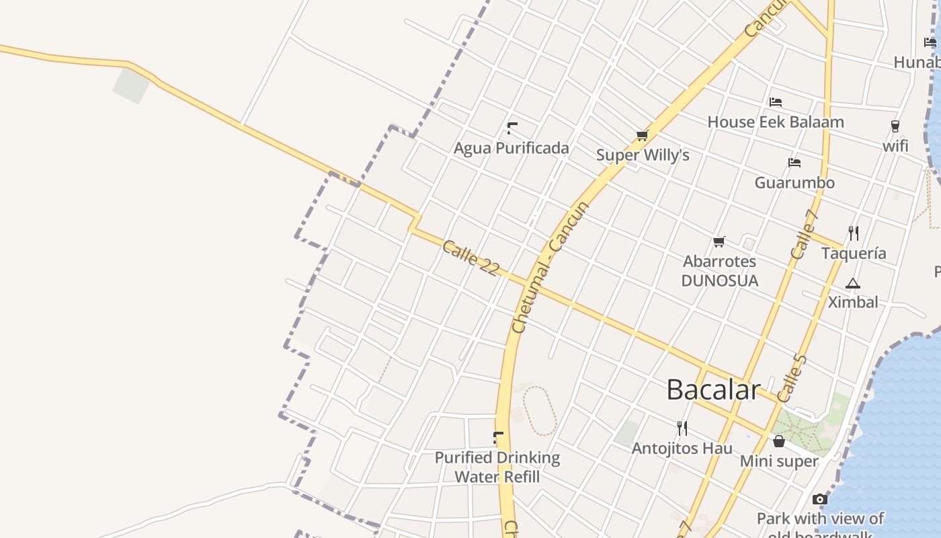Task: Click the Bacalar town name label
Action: pos(713,390)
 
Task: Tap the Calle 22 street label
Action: pos(470,258)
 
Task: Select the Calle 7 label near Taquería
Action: pos(804,235)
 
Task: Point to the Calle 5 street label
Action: pos(792,379)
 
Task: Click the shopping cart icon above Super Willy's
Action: pos(643,136)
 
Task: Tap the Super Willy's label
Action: pos(643,155)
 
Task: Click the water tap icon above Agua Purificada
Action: pos(512,128)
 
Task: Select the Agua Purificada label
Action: pos(512,148)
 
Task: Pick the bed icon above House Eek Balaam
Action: pos(776,102)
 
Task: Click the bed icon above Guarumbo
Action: pos(794,163)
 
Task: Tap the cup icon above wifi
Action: pos(895,126)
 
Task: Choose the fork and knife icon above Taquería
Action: pos(854,233)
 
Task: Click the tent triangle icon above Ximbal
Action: pos(853,283)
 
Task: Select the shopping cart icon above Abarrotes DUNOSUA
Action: pos(719,241)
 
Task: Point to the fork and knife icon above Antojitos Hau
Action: pos(682,428)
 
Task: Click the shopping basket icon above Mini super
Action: pos(779,442)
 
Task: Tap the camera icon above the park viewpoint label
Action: pos(820,499)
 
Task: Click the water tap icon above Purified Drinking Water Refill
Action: pos(498,438)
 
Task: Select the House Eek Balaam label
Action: pos(776,122)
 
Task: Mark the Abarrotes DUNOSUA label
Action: pos(720,271)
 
